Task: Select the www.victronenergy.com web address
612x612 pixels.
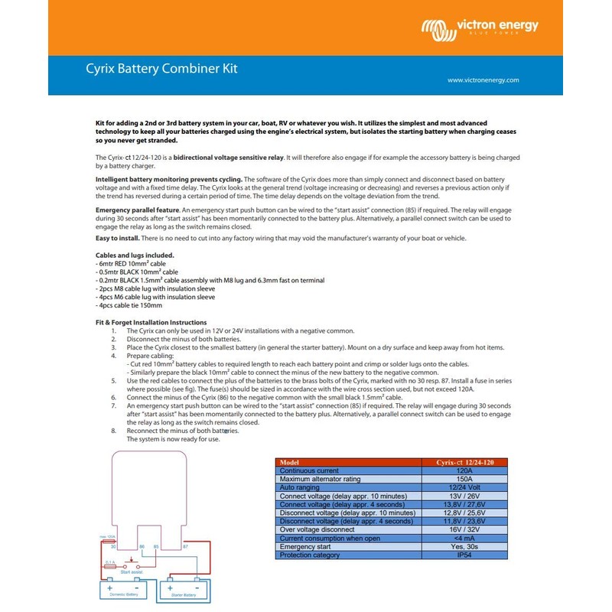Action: tap(483, 80)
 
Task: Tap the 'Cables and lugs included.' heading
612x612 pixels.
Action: tap(134, 255)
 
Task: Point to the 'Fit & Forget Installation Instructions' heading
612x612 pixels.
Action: tap(151, 323)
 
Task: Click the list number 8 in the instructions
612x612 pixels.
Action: tap(113, 431)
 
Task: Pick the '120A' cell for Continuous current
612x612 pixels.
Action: tap(457, 470)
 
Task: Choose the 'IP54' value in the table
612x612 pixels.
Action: tap(457, 555)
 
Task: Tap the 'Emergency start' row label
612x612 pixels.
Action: tap(305, 547)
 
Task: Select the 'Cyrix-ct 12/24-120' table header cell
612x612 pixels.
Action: tap(457, 462)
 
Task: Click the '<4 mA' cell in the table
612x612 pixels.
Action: tap(457, 539)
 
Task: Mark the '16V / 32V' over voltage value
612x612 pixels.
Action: tap(457, 530)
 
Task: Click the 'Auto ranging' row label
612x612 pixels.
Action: tap(301, 487)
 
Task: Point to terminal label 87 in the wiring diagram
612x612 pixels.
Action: tap(185, 547)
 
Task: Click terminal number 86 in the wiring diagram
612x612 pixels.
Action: tap(142, 547)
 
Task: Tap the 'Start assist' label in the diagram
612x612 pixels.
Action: tap(132, 571)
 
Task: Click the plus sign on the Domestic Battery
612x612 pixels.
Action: tap(109, 586)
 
